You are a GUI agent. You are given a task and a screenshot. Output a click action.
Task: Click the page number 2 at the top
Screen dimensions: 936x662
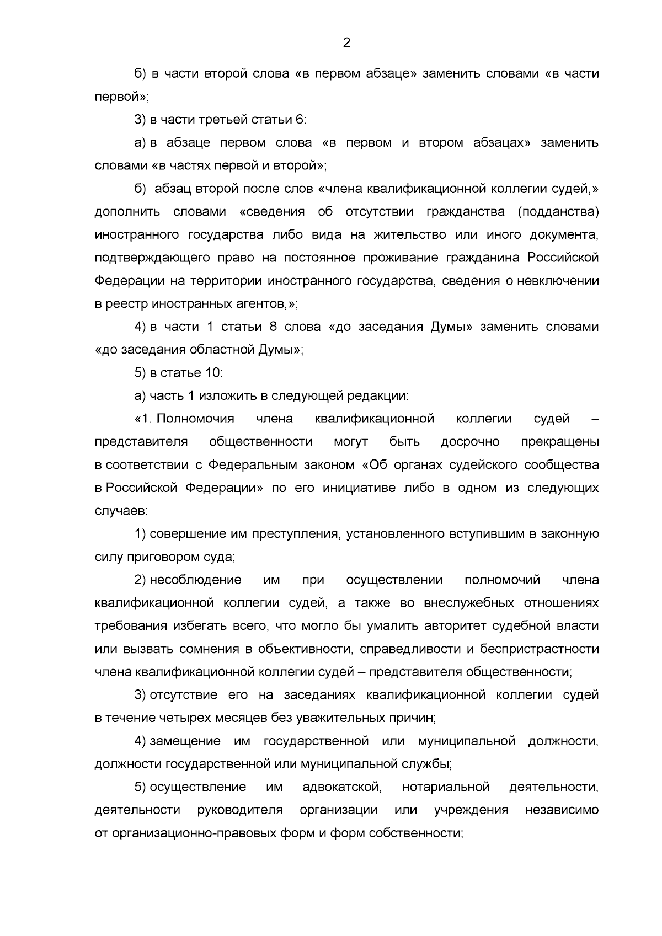tap(346, 43)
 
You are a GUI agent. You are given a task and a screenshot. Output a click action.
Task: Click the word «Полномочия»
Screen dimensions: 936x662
tap(195, 419)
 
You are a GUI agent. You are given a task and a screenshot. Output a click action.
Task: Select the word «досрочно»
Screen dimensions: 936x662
tap(470, 442)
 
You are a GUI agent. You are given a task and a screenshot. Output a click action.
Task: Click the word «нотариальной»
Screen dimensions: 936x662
tap(446, 787)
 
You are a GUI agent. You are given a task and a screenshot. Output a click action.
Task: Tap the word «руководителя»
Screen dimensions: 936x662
tap(241, 810)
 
